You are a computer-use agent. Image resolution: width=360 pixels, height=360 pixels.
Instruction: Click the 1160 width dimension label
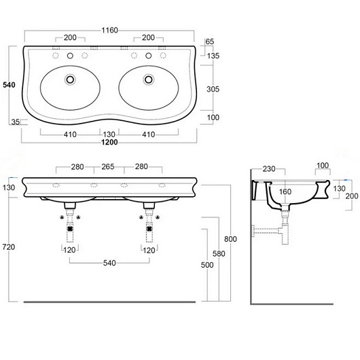point(109,30)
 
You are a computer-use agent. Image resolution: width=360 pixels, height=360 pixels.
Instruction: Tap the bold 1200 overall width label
point(109,143)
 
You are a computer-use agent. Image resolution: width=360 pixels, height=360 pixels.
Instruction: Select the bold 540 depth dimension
point(9,85)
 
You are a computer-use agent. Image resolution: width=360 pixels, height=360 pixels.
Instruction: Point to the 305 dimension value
point(213,89)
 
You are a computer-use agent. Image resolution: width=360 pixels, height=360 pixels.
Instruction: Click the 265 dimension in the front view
point(108,166)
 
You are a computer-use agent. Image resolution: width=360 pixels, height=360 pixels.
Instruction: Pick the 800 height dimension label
point(230,239)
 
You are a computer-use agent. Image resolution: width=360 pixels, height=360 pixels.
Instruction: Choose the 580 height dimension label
point(219,254)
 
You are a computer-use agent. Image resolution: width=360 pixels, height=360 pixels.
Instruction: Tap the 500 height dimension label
point(207,265)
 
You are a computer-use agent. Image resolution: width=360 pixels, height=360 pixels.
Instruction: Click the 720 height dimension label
point(9,247)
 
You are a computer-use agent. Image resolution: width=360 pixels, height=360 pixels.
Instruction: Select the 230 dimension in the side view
point(269,169)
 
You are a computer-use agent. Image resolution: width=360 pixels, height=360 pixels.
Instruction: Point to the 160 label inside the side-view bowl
point(285,192)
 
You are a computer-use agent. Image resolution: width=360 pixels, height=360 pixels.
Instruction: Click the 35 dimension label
point(16,122)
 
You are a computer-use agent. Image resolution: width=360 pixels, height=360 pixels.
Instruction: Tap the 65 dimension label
point(210,41)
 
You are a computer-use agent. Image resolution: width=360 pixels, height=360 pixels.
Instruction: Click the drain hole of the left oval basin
point(70,79)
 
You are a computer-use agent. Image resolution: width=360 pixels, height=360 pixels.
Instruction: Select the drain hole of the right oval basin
point(149,79)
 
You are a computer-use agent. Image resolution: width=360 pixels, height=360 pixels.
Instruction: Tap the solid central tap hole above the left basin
point(70,56)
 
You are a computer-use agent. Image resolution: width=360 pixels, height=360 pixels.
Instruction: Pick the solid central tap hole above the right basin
point(149,56)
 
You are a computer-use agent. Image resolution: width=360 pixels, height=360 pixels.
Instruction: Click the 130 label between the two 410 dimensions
point(109,134)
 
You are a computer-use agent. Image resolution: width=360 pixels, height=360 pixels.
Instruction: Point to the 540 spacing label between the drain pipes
point(109,263)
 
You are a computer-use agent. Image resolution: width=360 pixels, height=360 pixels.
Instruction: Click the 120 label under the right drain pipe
point(149,250)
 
